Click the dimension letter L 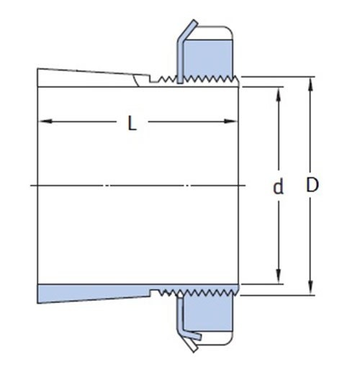tap(131, 123)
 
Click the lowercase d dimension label tap(277, 189)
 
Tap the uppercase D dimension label tap(312, 185)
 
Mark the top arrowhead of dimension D tap(310, 77)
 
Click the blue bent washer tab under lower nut tap(184, 317)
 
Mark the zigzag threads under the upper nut tap(202, 77)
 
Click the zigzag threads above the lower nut tap(202, 293)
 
